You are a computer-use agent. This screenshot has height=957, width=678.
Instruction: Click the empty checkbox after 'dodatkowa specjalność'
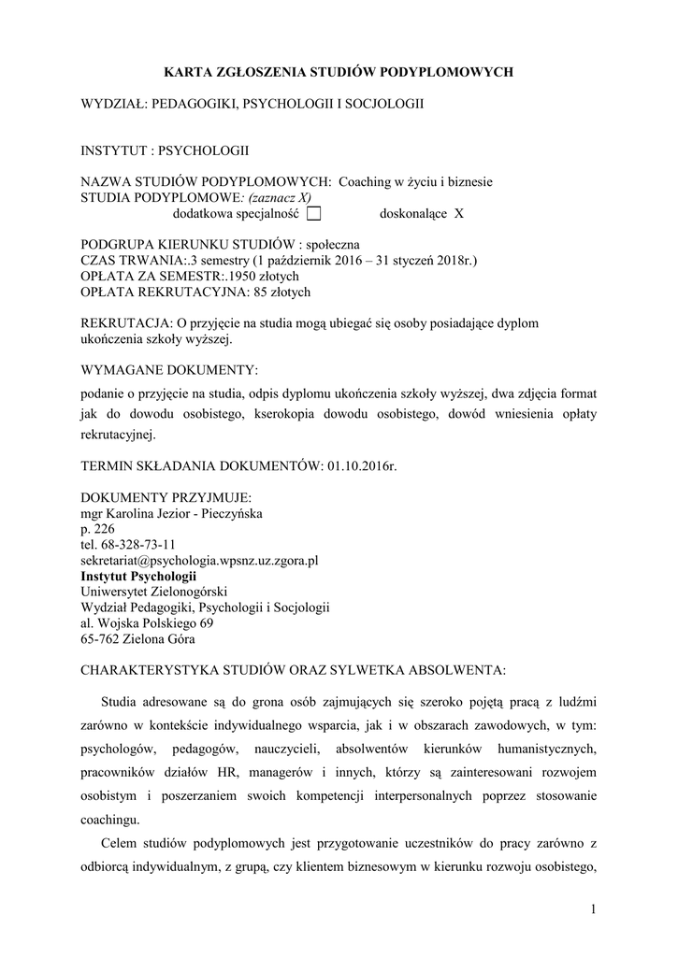click(313, 213)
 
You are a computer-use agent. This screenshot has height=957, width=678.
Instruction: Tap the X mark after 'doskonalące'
click(458, 213)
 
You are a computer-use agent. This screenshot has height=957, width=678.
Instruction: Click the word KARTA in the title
click(185, 70)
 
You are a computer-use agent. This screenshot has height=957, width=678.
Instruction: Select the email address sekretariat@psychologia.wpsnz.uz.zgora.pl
click(200, 561)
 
